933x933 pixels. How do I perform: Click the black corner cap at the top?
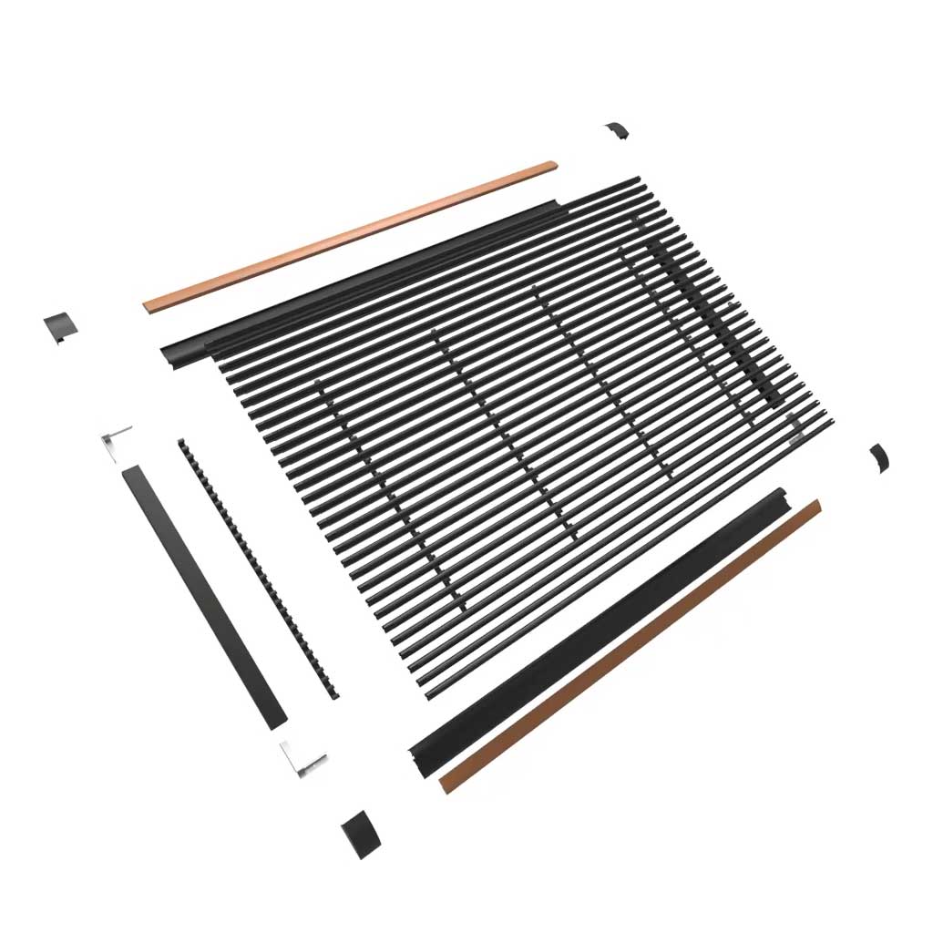tap(617, 130)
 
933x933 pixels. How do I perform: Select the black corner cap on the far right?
tap(879, 456)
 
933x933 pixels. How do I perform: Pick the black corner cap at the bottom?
tap(359, 833)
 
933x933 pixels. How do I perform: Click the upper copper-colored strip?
tap(351, 236)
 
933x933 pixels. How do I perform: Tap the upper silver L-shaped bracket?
tap(116, 441)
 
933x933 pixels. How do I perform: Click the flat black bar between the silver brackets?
tap(204, 596)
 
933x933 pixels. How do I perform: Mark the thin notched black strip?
tap(259, 569)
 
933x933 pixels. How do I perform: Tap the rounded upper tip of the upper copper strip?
tap(550, 166)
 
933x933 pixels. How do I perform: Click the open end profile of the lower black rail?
tap(420, 754)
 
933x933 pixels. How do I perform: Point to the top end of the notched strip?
tap(182, 444)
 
